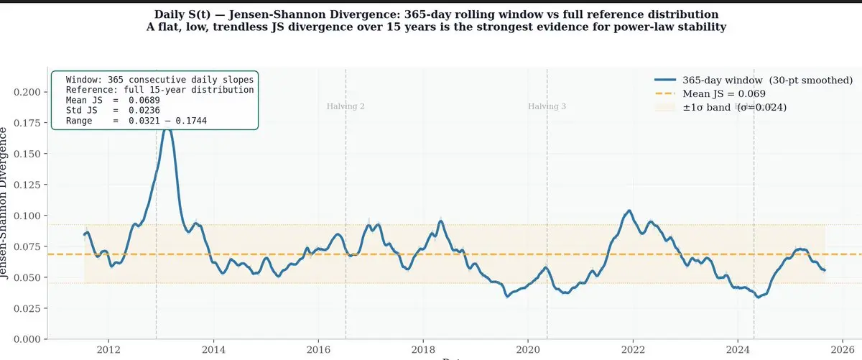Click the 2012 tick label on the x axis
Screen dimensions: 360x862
click(x=108, y=350)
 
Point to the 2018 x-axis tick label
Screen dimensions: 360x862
click(x=423, y=350)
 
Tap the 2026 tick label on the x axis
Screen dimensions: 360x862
click(x=842, y=350)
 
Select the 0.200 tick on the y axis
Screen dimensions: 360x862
click(x=28, y=92)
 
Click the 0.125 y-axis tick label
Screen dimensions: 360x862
click(x=28, y=185)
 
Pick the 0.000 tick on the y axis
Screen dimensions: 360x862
click(x=28, y=339)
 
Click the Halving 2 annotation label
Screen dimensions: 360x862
click(x=346, y=106)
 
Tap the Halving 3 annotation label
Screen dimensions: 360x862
click(x=547, y=106)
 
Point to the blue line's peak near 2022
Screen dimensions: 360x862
click(x=630, y=211)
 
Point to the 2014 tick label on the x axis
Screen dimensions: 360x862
click(x=213, y=350)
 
